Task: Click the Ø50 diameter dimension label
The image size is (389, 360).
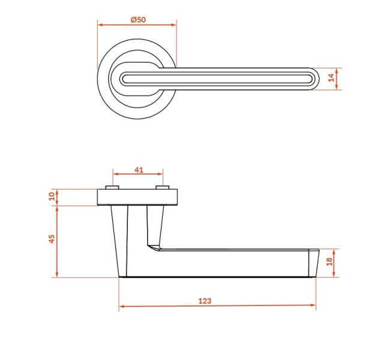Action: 138,20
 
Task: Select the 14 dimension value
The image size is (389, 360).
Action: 331,78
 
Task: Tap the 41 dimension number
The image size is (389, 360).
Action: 139,170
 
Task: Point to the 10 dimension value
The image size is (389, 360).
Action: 52,196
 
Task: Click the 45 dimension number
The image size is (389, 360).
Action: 52,239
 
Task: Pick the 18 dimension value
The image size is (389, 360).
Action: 329,262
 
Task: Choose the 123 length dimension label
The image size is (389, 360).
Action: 205,301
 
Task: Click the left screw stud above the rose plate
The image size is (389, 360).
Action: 112,187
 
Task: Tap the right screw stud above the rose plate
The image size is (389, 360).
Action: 163,187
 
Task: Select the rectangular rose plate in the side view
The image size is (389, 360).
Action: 137,197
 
